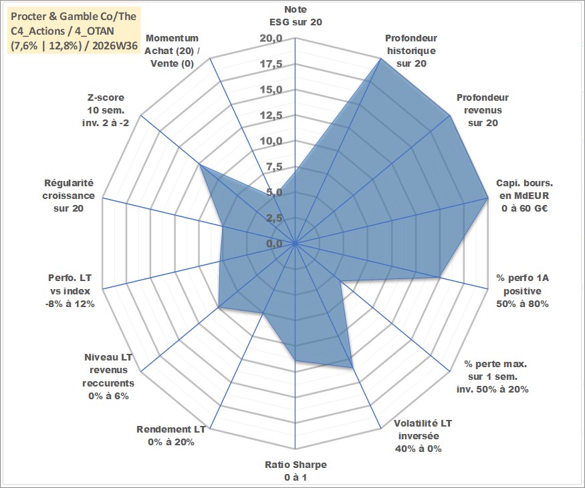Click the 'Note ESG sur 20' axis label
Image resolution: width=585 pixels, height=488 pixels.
[296, 15]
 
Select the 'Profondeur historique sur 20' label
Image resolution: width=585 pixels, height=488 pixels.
[411, 51]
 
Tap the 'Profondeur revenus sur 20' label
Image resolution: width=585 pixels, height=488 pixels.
[483, 110]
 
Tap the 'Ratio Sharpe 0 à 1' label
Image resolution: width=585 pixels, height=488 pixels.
[296, 471]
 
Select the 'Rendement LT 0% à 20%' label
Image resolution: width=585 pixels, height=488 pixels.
[171, 435]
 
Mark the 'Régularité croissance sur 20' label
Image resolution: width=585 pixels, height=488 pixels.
[69, 196]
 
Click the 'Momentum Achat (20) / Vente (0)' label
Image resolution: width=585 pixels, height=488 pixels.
[172, 51]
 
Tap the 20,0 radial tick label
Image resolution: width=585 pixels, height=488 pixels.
[271, 38]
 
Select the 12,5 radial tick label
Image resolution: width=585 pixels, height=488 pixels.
[271, 115]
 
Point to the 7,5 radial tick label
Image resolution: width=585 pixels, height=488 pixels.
[274, 167]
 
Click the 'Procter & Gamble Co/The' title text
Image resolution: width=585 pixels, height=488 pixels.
[74, 17]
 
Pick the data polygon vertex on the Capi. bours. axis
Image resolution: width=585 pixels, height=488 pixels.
[487, 198]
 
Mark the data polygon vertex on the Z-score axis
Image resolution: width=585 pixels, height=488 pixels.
[200, 164]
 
